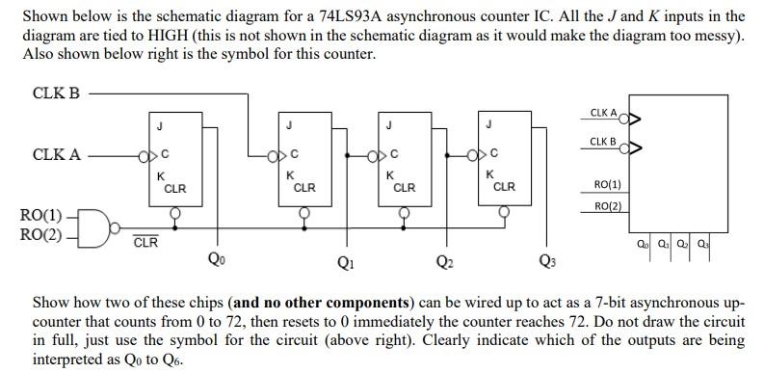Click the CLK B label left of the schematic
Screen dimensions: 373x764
57,93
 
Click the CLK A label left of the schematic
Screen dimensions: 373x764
57,154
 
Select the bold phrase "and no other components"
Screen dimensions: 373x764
311,302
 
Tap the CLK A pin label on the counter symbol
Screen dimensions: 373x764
602,113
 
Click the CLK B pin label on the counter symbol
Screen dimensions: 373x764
602,142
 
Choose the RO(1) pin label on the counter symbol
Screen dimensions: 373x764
608,184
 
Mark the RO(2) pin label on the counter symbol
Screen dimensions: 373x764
608,206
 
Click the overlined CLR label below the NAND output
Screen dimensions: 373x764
145,242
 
